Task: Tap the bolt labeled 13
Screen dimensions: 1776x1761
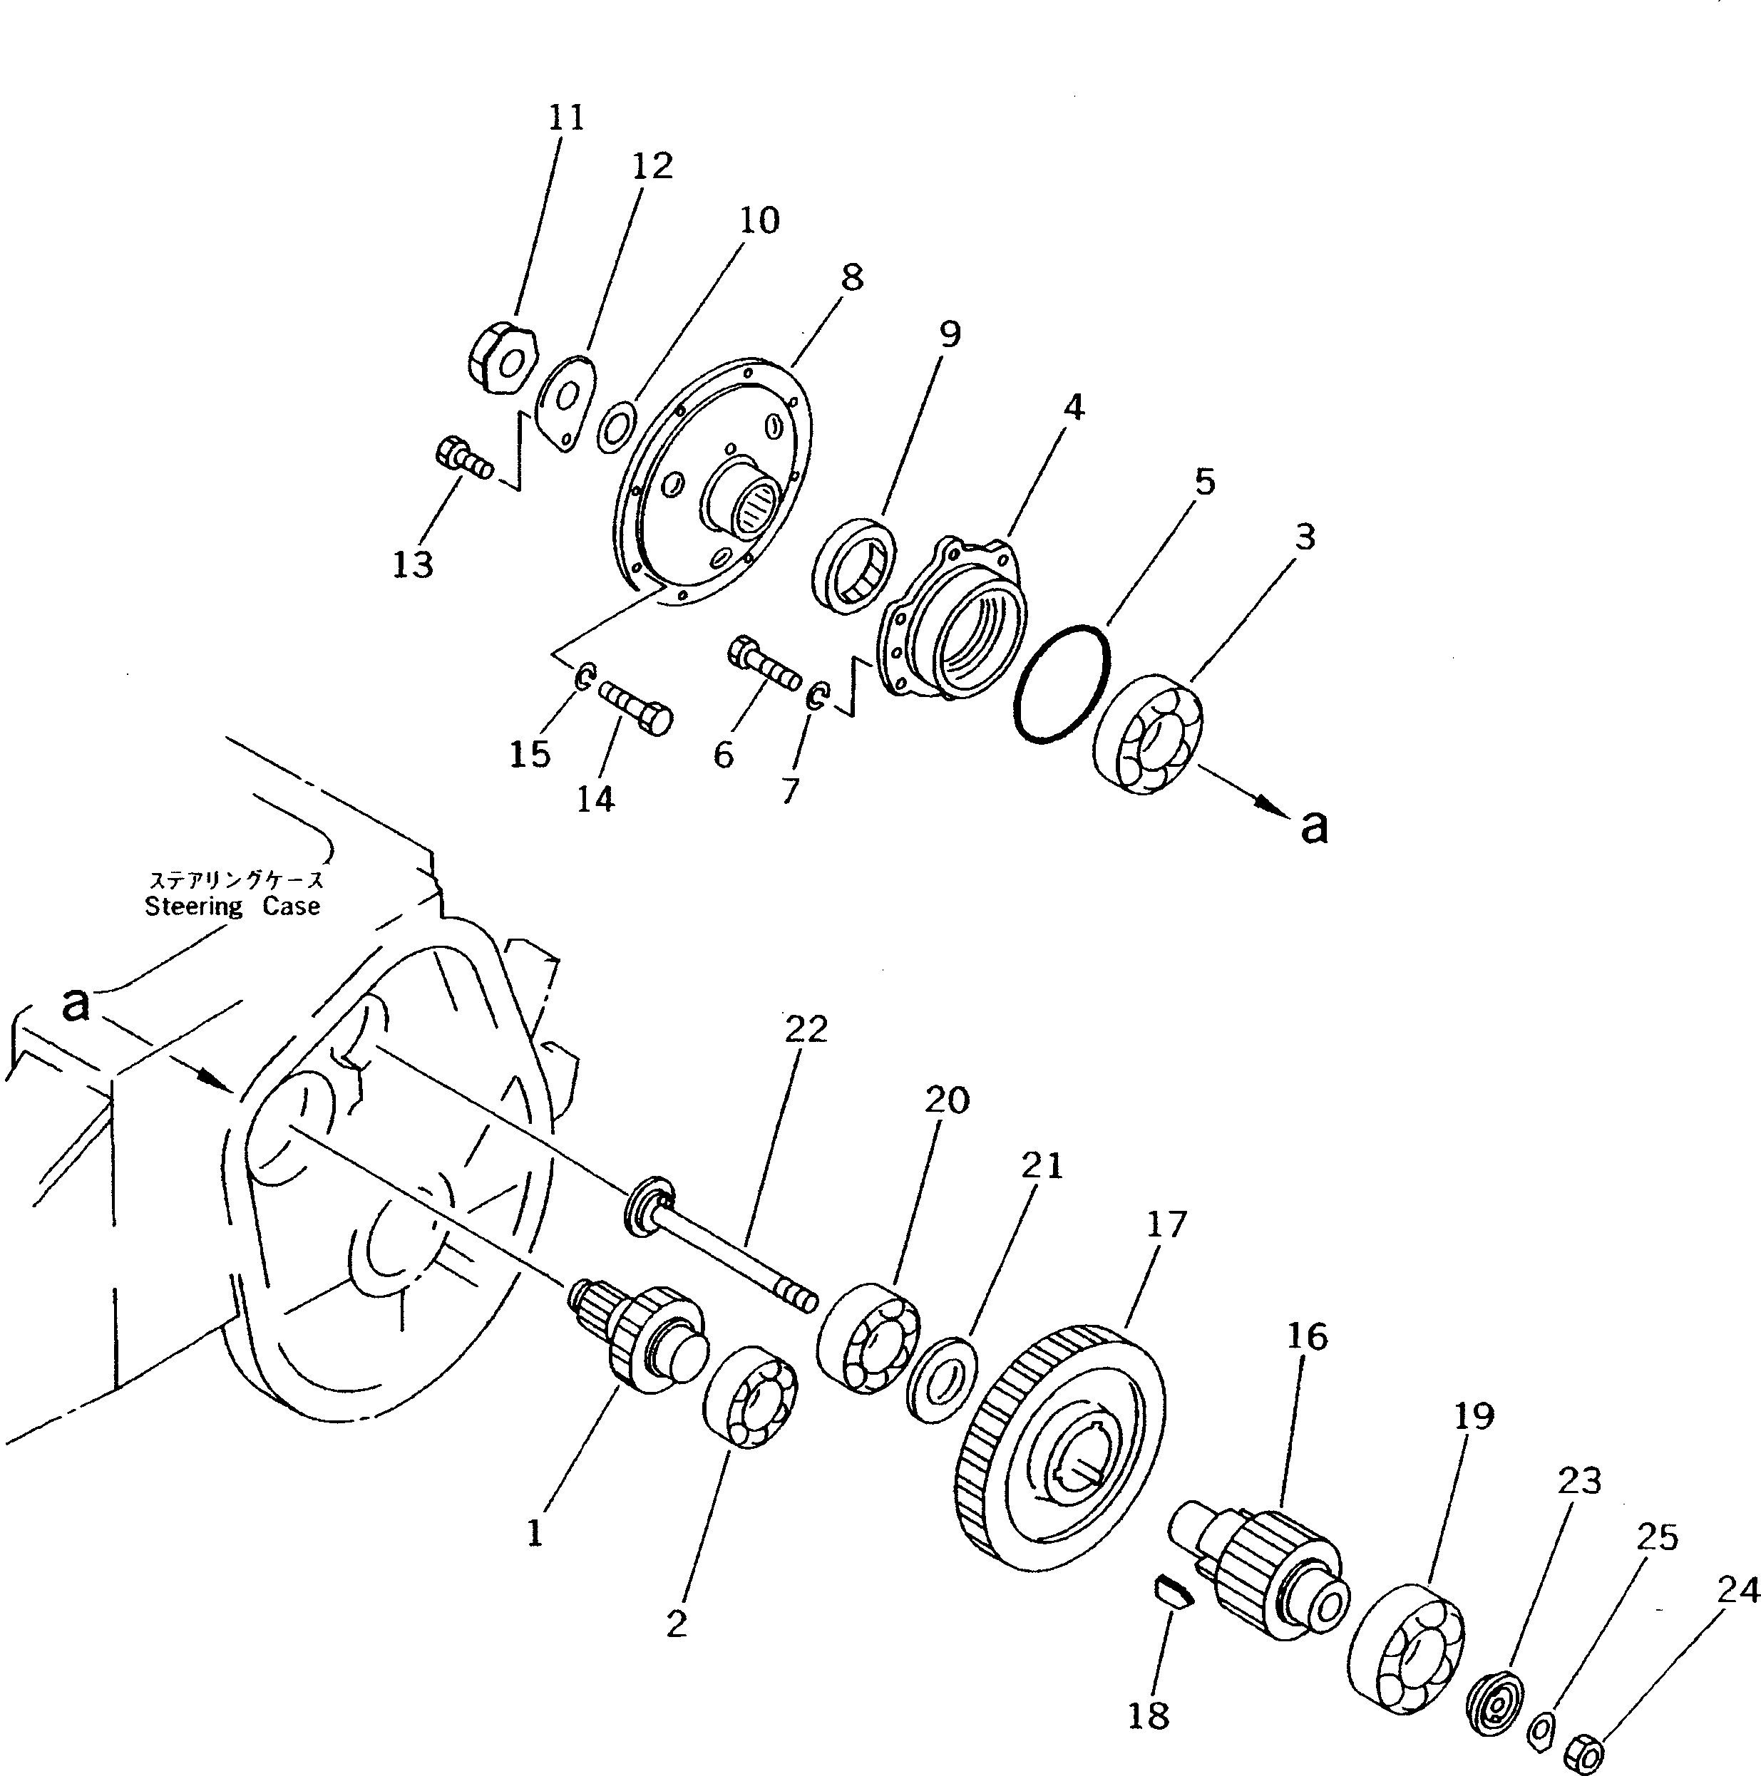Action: pos(463,457)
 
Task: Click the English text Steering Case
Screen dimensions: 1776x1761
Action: pos(232,907)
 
